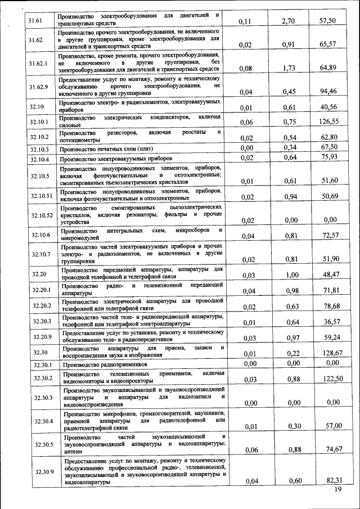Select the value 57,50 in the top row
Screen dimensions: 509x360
click(327, 21)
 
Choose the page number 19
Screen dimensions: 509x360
click(338, 490)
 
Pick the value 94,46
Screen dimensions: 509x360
click(328, 91)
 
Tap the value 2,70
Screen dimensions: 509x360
click(288, 21)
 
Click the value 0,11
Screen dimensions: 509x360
click(245, 22)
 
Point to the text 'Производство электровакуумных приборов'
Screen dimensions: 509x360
click(112, 159)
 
